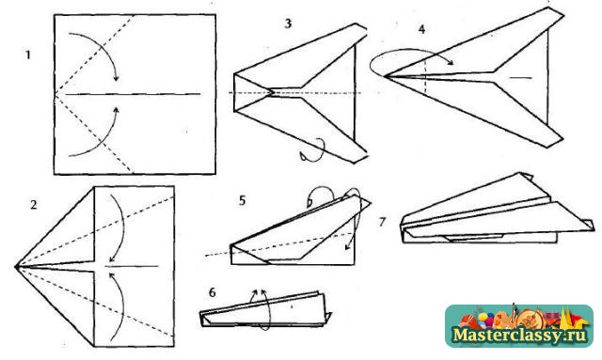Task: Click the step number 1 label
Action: pyautogui.click(x=27, y=55)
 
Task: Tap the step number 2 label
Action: pyautogui.click(x=34, y=205)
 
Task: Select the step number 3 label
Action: pyautogui.click(x=288, y=23)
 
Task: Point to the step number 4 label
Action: pyautogui.click(x=422, y=29)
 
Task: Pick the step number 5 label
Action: pyautogui.click(x=242, y=200)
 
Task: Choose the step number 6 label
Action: pyautogui.click(x=213, y=292)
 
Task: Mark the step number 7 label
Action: pyautogui.click(x=382, y=222)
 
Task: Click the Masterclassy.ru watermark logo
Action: pyautogui.click(x=519, y=326)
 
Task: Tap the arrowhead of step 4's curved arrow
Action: pyautogui.click(x=451, y=62)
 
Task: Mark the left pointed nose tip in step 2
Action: pyautogui.click(x=15, y=266)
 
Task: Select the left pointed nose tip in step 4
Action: pyautogui.click(x=385, y=76)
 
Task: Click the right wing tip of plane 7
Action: pyautogui.click(x=593, y=229)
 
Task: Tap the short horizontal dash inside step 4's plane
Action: pyautogui.click(x=520, y=78)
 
